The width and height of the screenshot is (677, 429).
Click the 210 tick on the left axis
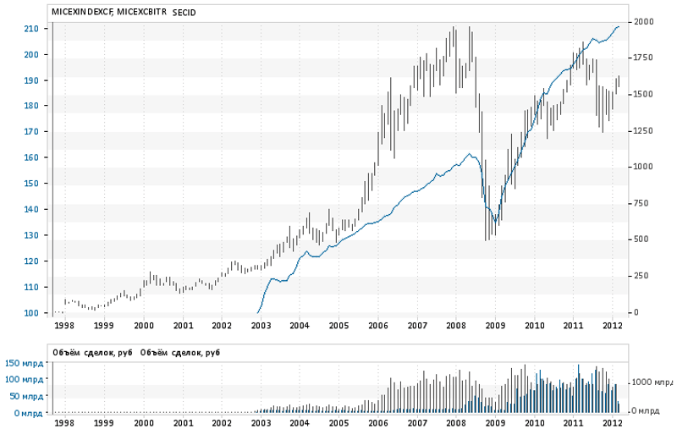pyautogui.click(x=30, y=29)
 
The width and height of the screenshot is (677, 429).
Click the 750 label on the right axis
pyautogui.click(x=644, y=203)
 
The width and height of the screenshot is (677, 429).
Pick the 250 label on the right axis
pyautogui.click(x=644, y=276)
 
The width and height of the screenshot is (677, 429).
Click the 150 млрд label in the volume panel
pyautogui.click(x=25, y=363)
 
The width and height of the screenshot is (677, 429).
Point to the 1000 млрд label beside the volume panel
pyautogui.click(x=652, y=382)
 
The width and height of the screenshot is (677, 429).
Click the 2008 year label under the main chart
pyautogui.click(x=455, y=325)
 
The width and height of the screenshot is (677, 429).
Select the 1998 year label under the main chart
pyautogui.click(x=63, y=325)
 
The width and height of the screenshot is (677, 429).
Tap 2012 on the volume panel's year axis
pyautogui.click(x=613, y=421)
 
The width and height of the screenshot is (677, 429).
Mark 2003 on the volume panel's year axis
pyautogui.click(x=260, y=421)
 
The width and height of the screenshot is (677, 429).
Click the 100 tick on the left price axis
pyautogui.click(x=30, y=313)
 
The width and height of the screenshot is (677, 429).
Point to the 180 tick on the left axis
pyautogui.click(x=30, y=106)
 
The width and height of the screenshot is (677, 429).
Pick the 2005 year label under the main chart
pyautogui.click(x=338, y=325)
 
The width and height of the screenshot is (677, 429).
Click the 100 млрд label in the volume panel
pyautogui.click(x=25, y=379)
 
